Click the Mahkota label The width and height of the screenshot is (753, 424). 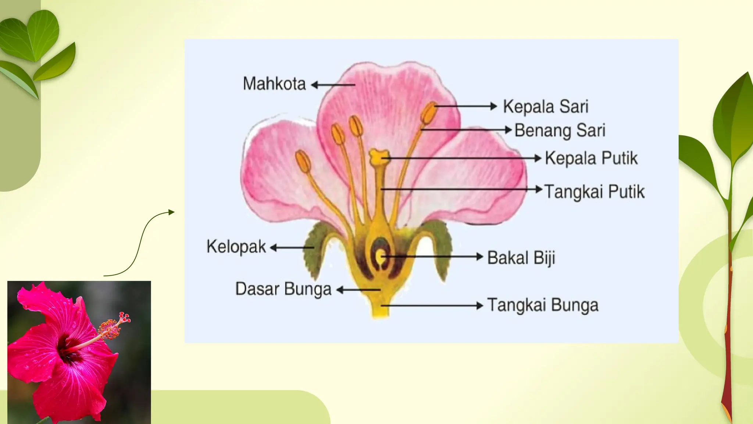[x=274, y=84]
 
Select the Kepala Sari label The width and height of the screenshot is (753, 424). [x=546, y=107]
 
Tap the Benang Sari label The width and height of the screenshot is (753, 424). [x=560, y=131]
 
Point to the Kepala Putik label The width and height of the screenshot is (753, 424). [x=591, y=158]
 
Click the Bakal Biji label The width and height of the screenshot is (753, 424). [x=521, y=258]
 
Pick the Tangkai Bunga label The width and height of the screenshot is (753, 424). [x=543, y=305]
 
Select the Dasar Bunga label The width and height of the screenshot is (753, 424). [x=283, y=289]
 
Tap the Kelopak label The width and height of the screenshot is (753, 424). [x=236, y=247]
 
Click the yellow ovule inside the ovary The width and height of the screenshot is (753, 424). [x=380, y=257]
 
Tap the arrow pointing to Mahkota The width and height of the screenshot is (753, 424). [x=333, y=85]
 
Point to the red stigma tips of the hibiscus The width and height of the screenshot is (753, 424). [x=125, y=317]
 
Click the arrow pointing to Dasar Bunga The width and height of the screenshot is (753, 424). [x=358, y=290]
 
